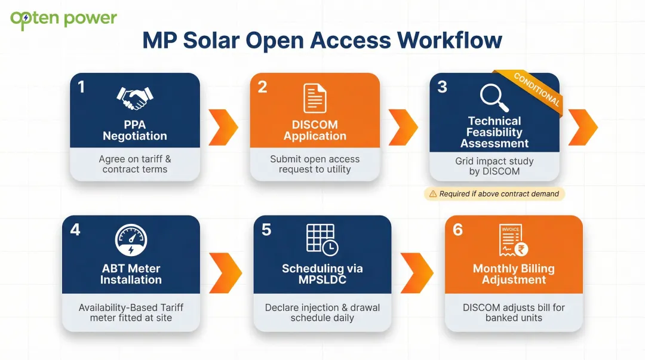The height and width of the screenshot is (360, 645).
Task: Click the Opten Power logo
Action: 63,19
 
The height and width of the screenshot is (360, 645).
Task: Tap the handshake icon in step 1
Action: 134,97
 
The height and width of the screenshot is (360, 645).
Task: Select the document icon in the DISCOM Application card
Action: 315,99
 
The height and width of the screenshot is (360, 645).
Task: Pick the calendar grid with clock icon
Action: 322,239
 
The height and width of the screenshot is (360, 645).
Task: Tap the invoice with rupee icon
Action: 513,241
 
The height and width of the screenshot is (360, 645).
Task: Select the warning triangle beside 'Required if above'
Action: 432,194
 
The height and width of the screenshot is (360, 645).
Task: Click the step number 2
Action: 262,87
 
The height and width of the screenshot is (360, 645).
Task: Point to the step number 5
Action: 266,230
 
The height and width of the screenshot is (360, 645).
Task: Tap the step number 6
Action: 457,230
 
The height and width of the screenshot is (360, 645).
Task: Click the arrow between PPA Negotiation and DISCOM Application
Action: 225,127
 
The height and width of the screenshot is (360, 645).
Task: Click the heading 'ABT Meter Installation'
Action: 131,274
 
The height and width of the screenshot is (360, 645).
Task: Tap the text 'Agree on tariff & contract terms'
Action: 135,164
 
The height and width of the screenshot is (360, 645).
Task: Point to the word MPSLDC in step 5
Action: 322,279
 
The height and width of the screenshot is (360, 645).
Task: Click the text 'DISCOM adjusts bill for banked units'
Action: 514,313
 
